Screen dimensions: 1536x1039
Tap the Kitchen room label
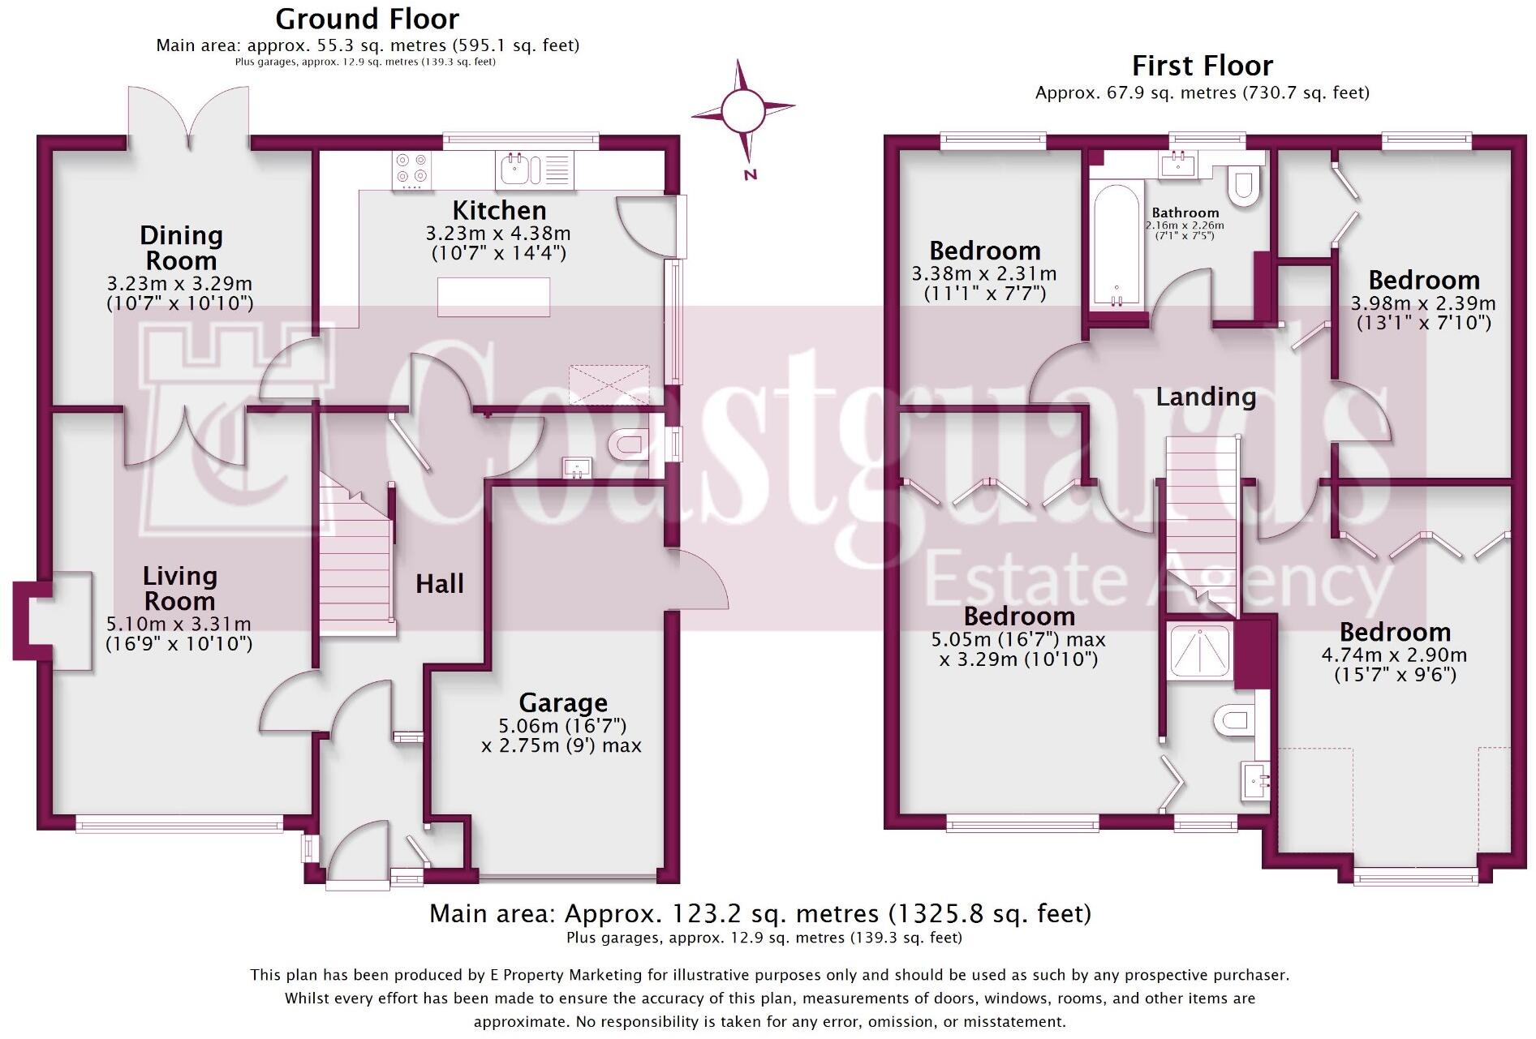point(499,211)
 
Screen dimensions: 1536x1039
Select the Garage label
point(563,702)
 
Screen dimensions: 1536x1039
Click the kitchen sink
point(520,169)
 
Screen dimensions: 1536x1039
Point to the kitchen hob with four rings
point(412,170)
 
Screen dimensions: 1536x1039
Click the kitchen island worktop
point(493,297)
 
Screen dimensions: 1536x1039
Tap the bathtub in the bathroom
point(1117,247)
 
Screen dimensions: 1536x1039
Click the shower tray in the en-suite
point(1199,650)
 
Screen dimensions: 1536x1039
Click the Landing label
point(1206,397)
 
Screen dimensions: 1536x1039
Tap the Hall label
point(440,583)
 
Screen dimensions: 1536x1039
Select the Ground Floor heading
point(368,19)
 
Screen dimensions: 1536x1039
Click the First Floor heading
point(1203,66)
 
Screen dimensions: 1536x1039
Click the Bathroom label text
point(1185,213)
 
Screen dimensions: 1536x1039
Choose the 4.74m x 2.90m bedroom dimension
point(1395,655)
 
